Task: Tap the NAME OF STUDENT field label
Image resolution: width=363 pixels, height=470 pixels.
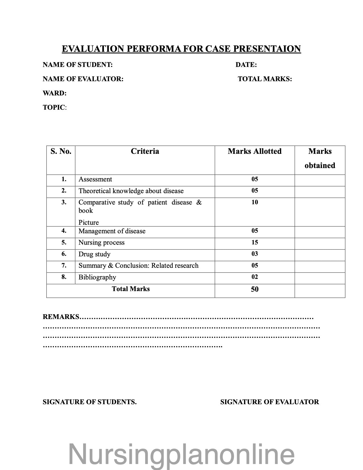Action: [x=78, y=65]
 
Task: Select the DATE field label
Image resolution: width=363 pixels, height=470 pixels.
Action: [x=246, y=65]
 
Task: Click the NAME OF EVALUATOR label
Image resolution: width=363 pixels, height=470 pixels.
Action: [x=83, y=79]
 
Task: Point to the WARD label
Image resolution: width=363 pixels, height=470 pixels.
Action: [x=55, y=93]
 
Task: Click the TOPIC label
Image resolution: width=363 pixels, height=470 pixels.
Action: [x=54, y=108]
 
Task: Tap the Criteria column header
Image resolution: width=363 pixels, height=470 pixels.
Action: [x=145, y=151]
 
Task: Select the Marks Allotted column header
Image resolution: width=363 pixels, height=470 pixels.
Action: [x=255, y=151]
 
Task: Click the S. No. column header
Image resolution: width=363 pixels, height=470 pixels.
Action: [x=61, y=151]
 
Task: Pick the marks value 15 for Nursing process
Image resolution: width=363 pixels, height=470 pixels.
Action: [x=255, y=242]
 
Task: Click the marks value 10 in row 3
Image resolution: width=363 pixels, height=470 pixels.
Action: [x=255, y=202]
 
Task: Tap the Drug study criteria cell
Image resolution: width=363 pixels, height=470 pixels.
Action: [x=95, y=254]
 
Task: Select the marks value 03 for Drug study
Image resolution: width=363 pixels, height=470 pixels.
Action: [x=255, y=254]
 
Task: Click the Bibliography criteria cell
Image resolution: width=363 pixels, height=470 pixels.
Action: [x=97, y=277]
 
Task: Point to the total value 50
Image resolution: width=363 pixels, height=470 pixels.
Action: [x=255, y=289]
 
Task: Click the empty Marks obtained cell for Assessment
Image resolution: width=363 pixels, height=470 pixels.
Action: [x=320, y=180]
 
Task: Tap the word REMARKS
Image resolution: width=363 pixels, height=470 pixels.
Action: [x=61, y=317]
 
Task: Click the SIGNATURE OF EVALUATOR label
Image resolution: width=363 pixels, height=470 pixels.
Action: [x=270, y=402]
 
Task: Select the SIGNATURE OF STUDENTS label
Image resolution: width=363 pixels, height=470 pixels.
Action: [x=90, y=402]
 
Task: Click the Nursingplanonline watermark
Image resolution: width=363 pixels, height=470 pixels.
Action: [x=181, y=454]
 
